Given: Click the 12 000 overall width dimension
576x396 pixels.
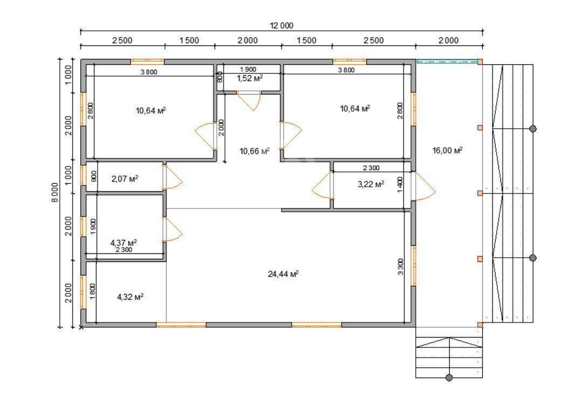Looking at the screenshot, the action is click(x=282, y=25).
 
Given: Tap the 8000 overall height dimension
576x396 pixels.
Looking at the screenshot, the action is click(x=55, y=192).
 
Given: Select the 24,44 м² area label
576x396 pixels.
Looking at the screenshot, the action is click(x=283, y=274).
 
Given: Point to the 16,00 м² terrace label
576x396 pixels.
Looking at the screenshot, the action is click(x=447, y=150).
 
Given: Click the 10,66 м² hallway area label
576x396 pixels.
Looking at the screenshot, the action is click(x=255, y=151).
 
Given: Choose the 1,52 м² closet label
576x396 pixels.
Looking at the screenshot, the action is click(x=250, y=78).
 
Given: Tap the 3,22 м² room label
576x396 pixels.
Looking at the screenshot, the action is click(x=371, y=184).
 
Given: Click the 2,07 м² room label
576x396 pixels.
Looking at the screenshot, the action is click(x=125, y=179).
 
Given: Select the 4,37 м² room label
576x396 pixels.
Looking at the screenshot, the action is click(x=124, y=243).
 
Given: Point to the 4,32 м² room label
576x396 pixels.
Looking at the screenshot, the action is click(x=130, y=297).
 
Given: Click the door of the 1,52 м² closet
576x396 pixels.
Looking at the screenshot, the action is click(x=249, y=100).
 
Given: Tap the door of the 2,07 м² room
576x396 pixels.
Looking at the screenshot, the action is click(x=172, y=178).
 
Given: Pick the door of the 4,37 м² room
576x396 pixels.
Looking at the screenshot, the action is click(x=172, y=230).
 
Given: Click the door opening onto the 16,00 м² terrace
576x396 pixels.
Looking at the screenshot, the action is click(x=423, y=186).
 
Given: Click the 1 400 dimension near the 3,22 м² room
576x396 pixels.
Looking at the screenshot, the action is click(x=400, y=184).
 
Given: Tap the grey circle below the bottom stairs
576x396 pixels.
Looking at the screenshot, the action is click(x=449, y=378).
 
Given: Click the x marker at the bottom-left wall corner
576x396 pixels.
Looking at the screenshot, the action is click(x=81, y=327).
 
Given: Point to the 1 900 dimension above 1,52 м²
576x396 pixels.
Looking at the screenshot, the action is click(x=248, y=69).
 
